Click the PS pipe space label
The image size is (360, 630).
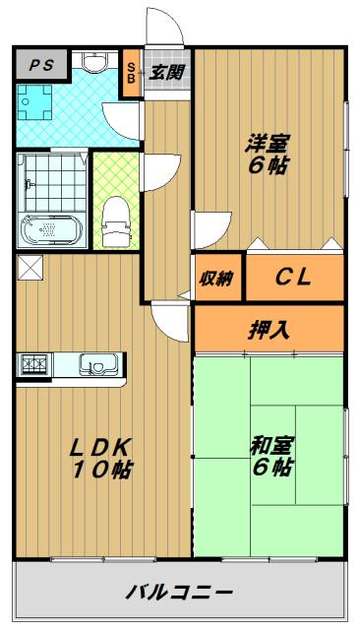tap(41, 65)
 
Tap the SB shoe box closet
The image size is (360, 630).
tap(131, 73)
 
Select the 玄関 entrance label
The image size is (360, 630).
tap(166, 72)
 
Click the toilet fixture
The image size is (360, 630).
tap(116, 221)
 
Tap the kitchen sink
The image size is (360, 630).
tap(98, 364)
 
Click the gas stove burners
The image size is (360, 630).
tap(34, 364)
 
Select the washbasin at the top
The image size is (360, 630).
tap(94, 62)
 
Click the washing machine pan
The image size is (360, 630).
tap(35, 102)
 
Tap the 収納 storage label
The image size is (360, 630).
tap(216, 278)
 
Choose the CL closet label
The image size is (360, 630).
tap(293, 277)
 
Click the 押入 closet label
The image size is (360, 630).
tap(269, 331)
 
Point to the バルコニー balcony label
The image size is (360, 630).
tap(179, 592)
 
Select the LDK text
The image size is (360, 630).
tap(100, 447)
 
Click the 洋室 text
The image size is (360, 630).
tap(268, 144)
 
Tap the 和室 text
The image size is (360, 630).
tap(272, 446)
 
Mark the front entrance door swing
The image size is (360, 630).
tap(164, 26)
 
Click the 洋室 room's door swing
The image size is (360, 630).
tap(211, 229)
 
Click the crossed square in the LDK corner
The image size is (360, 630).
tap(30, 268)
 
